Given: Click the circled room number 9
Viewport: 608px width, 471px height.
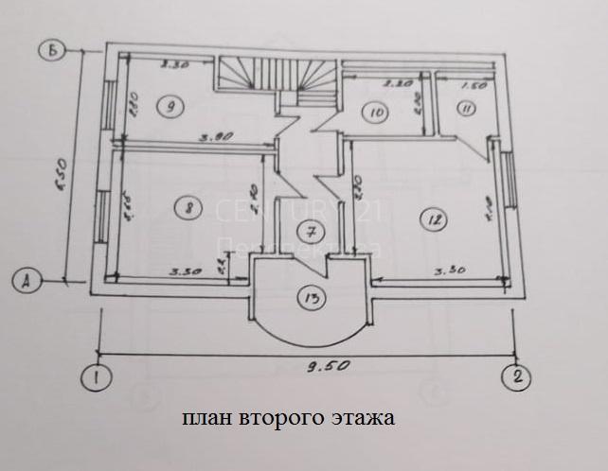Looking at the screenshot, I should coord(170,106).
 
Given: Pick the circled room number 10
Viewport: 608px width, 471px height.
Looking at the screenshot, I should coord(377,113).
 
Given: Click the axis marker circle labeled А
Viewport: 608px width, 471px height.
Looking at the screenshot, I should coord(27,280).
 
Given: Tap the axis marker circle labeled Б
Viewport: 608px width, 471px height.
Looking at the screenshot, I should coord(55,51).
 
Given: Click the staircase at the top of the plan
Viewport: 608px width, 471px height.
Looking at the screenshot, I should coord(277,76).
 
